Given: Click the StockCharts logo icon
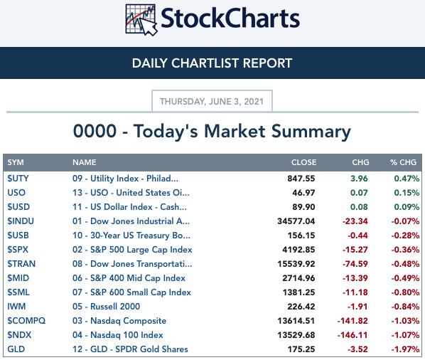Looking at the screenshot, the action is coord(141,20).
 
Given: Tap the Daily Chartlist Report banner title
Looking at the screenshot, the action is coord(212,63).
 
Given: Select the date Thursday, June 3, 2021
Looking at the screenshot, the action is coord(212,102).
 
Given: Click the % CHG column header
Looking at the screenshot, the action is coord(403,162).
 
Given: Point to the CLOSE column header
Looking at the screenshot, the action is coord(304,162).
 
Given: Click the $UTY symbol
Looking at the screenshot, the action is coord(18,179).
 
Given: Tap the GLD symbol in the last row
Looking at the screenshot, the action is coord(16,349).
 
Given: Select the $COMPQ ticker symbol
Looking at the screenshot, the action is coord(26,321).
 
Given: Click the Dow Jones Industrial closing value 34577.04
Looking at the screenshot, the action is coord(296,221).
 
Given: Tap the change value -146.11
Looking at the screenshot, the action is coord(353,335).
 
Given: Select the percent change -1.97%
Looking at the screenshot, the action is coord(405,349).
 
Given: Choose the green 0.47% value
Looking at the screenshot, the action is coord(407,179).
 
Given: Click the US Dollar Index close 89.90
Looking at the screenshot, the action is coord(303,207).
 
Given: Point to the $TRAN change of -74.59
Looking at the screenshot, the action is coord(355,264).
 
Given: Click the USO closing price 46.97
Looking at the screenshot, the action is coord(303,193).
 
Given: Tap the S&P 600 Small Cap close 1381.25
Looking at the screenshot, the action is coord(298,292).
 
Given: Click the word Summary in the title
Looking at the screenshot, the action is coord(311,132).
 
